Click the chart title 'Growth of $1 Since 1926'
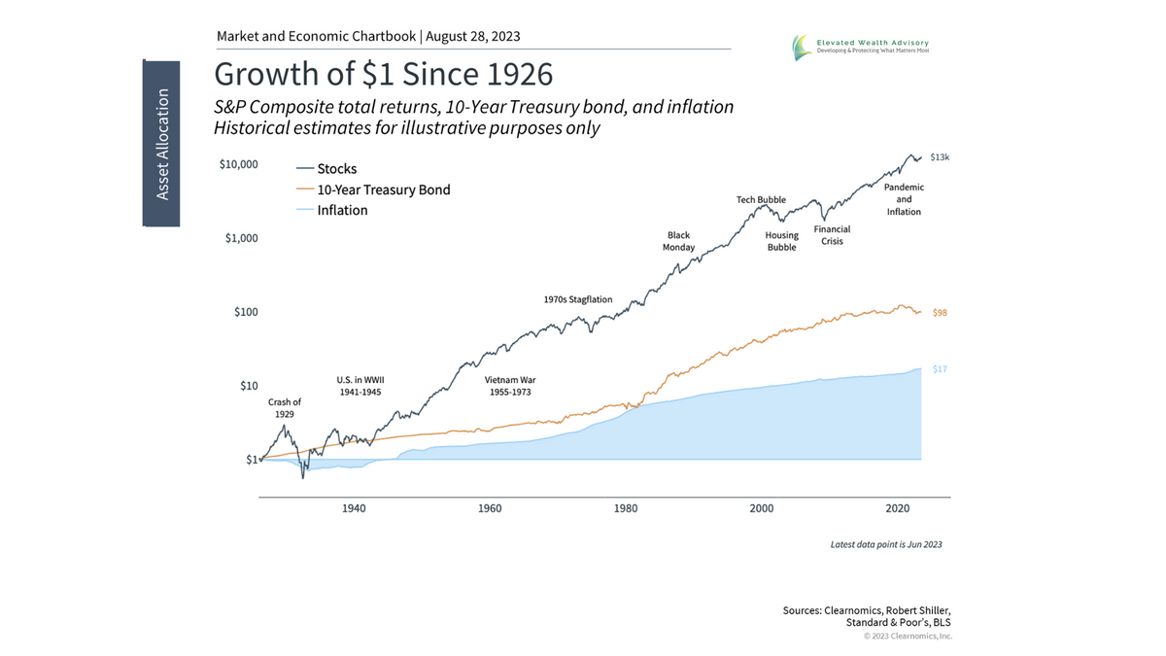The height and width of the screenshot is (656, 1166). click(383, 74)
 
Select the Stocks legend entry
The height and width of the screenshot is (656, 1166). click(337, 169)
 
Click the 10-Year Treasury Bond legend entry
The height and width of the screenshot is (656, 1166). click(383, 190)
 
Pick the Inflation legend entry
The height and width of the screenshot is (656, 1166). click(342, 210)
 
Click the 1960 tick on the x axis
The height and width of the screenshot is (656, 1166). click(490, 508)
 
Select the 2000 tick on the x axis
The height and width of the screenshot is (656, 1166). click(762, 508)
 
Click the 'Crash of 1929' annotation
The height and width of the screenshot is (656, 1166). click(285, 408)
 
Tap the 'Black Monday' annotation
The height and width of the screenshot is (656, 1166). click(679, 241)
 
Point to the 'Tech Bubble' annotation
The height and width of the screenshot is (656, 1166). click(762, 199)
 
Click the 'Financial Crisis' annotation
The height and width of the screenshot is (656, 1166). click(832, 235)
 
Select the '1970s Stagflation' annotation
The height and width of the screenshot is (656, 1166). click(578, 299)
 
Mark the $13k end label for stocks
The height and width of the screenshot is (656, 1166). click(939, 156)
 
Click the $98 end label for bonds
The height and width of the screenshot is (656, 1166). click(940, 313)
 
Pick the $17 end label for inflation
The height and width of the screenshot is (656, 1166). click(940, 369)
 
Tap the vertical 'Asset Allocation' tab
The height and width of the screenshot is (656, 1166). click(162, 144)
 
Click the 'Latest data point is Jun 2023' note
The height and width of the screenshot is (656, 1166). click(885, 544)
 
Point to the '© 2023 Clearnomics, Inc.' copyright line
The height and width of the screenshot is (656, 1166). click(908, 637)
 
